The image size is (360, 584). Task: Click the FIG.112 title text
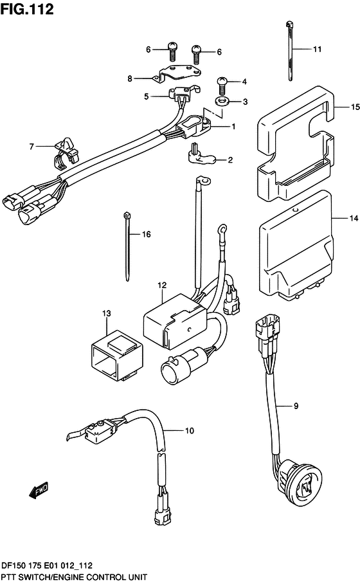[27, 9]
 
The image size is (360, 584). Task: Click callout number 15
[355, 107]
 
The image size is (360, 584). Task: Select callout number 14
[354, 218]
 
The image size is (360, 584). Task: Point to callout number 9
[296, 406]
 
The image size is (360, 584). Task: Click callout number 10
[190, 430]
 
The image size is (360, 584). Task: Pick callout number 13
[107, 313]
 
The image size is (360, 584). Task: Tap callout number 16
[147, 234]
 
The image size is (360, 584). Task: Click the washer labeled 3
[222, 101]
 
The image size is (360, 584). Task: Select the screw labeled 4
[222, 86]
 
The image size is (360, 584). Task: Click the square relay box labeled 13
[116, 355]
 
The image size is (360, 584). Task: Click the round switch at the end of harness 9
[300, 483]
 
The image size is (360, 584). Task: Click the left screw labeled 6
[172, 51]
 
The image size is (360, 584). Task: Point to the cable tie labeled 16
[127, 246]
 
